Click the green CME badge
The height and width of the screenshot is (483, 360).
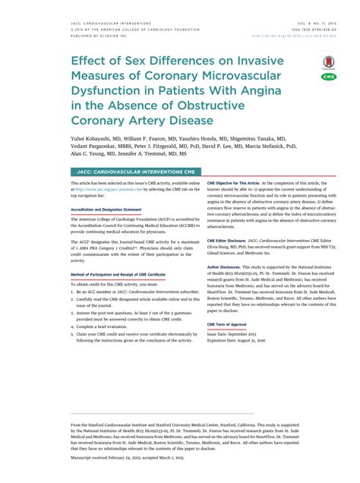click(328, 77)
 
